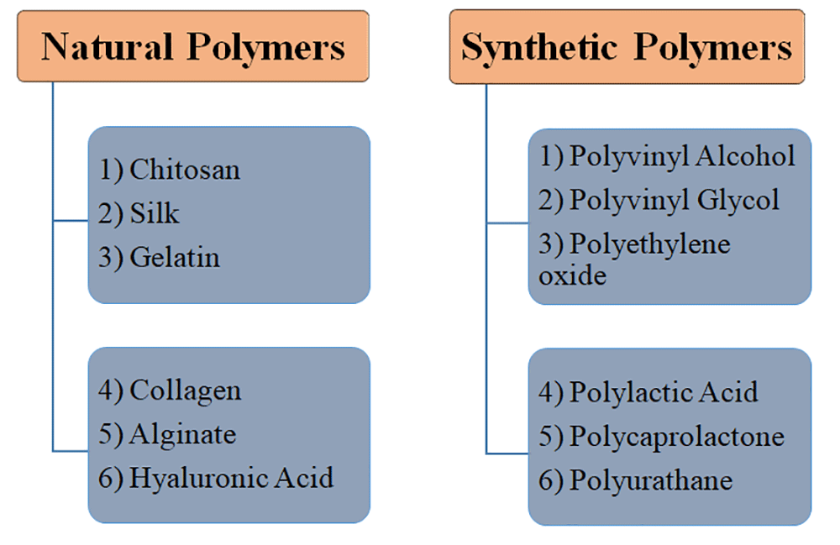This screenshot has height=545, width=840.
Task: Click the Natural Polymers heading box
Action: (x=192, y=46)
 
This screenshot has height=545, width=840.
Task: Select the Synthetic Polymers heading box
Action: (x=626, y=47)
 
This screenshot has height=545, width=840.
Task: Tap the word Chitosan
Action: (x=184, y=170)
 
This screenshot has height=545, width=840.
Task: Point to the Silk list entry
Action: (x=154, y=213)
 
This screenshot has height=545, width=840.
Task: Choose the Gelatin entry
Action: (x=174, y=257)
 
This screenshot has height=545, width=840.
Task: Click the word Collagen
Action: (x=185, y=390)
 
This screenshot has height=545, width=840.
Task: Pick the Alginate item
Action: (x=182, y=434)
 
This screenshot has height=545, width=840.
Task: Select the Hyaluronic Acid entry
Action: (x=231, y=478)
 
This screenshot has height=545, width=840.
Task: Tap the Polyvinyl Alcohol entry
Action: (x=681, y=155)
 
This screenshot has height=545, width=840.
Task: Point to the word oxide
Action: (x=572, y=275)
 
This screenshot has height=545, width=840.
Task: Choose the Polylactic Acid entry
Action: (x=663, y=392)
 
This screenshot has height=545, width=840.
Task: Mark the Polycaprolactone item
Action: (x=676, y=437)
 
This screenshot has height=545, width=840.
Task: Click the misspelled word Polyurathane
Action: (x=650, y=480)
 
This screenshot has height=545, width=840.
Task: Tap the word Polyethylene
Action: (x=649, y=244)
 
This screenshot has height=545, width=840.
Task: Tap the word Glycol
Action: (x=738, y=200)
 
